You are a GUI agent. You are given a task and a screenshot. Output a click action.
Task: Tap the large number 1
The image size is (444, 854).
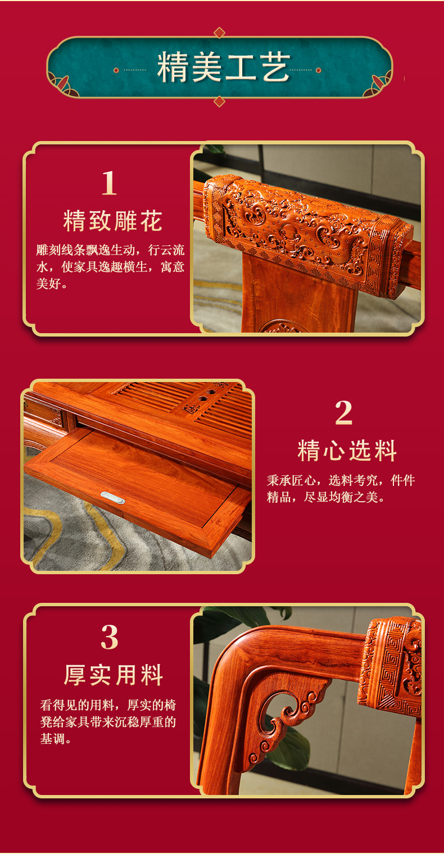109,183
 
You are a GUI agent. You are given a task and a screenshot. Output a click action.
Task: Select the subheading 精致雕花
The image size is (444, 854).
112,221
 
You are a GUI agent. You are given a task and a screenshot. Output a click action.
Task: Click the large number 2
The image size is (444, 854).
343,414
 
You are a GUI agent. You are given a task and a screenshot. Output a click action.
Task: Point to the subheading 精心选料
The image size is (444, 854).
347,451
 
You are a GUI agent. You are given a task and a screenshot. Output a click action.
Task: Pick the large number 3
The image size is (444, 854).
110,637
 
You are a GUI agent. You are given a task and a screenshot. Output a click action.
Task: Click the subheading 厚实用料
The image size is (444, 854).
113,675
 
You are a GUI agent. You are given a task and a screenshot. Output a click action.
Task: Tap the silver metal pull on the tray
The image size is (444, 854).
112,497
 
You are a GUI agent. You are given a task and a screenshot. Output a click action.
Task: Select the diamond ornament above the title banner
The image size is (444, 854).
219,33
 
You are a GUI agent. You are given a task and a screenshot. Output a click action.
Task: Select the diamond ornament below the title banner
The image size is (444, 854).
219,102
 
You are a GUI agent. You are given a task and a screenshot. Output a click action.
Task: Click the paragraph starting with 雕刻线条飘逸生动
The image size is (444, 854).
110,267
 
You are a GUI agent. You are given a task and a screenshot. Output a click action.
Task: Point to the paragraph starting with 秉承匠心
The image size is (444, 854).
341,489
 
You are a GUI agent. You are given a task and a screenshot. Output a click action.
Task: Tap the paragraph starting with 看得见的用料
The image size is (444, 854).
108,722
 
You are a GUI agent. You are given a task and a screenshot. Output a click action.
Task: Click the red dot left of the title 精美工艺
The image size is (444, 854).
116,70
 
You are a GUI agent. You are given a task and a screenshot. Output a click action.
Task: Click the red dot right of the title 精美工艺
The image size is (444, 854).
318,70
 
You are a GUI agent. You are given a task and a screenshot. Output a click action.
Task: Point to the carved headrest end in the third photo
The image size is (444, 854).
391,666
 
